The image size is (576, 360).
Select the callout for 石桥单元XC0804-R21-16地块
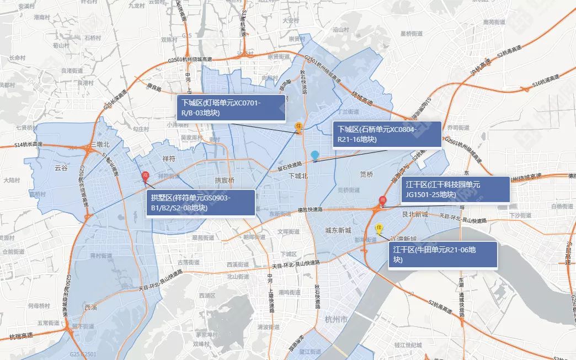pyautogui.click(x=387, y=135)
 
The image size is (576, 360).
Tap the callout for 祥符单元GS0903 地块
pyautogui.click(x=201, y=203)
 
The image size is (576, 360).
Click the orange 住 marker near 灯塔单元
pyautogui.click(x=298, y=126)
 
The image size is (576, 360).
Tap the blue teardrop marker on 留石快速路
pyautogui.click(x=314, y=156)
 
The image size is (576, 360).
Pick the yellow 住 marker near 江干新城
pyautogui.click(x=379, y=227)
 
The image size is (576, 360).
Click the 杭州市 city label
pyautogui.click(x=336, y=320)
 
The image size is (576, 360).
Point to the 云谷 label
pyautogui.click(x=61, y=168)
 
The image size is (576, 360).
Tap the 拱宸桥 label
pyautogui.click(x=225, y=181)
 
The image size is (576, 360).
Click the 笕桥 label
pyautogui.click(x=366, y=174)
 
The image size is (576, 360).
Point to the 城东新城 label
pyautogui.click(x=338, y=230)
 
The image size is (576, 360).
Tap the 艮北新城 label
pyautogui.click(x=415, y=214)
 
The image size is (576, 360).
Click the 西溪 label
pyautogui.click(x=91, y=307)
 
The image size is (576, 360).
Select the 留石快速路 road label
pyautogui.click(x=290, y=165)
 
